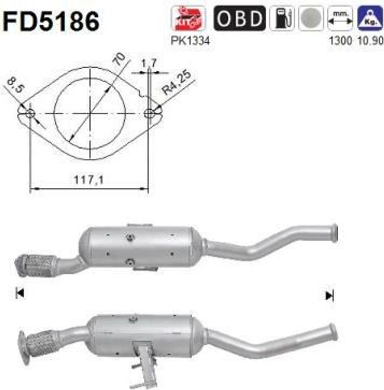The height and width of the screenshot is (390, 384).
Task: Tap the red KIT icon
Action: (x=188, y=18)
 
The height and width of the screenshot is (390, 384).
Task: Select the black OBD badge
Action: (x=239, y=18)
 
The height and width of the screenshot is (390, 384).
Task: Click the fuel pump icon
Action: (x=282, y=18)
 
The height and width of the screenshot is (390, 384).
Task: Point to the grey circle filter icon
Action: (x=311, y=18)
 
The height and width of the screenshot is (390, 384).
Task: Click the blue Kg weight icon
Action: (x=370, y=18)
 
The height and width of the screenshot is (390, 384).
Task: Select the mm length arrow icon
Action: (x=340, y=18)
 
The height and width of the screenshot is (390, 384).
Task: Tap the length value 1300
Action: (x=340, y=40)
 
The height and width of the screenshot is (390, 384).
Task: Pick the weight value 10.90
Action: (x=370, y=40)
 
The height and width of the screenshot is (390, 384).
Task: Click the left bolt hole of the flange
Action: (x=30, y=113)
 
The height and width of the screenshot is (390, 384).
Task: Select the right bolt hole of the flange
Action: (x=149, y=113)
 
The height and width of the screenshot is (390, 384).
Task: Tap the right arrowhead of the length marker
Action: (x=329, y=295)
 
